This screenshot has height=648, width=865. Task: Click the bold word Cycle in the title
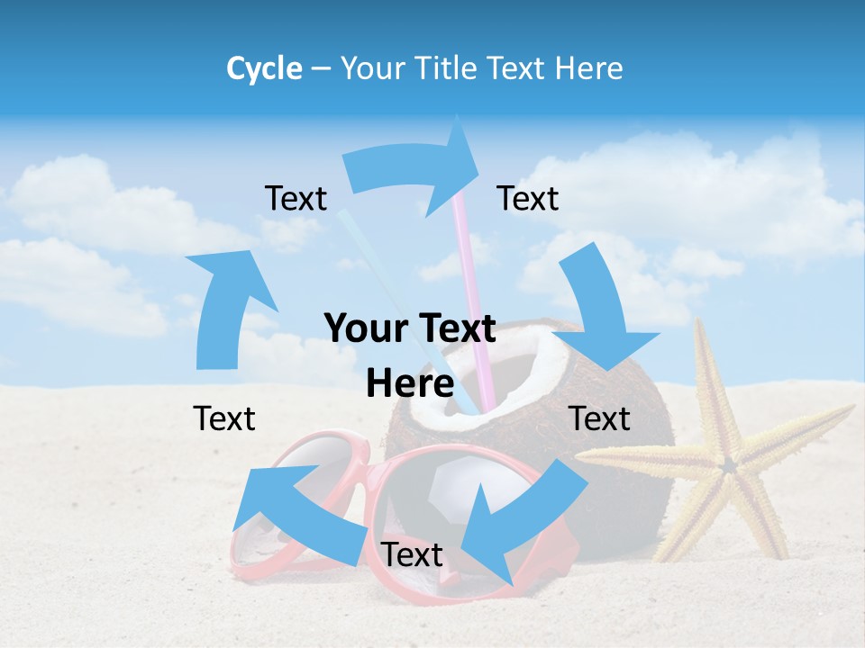coord(264,68)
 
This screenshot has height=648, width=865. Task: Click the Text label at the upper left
coord(296,198)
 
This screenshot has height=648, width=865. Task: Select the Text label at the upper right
coord(528,198)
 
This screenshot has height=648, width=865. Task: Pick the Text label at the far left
coord(224,418)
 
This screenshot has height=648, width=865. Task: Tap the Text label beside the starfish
coord(600,418)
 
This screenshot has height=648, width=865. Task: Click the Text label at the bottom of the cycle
coord(412,555)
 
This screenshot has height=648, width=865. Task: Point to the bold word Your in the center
coord(368,329)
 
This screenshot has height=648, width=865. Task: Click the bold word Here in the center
coord(410,384)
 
